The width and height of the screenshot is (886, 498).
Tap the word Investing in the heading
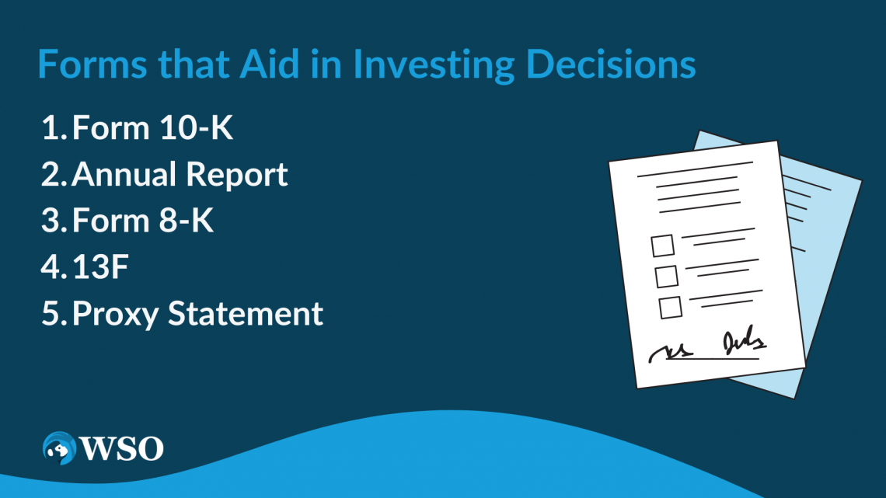point(434,65)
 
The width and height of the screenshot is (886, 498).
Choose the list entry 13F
point(100,266)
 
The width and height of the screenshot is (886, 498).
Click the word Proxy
point(115,315)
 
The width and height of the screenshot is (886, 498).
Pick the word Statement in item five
point(246,313)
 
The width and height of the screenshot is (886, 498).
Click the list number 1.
point(53,127)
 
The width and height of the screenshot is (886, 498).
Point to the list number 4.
point(53,266)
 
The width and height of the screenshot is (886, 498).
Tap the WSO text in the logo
point(122,448)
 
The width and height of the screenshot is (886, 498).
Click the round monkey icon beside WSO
point(59,448)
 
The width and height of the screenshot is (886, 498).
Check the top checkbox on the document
point(662,246)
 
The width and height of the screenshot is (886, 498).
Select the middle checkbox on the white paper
point(666,277)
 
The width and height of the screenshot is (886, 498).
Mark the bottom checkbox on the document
point(670,308)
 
